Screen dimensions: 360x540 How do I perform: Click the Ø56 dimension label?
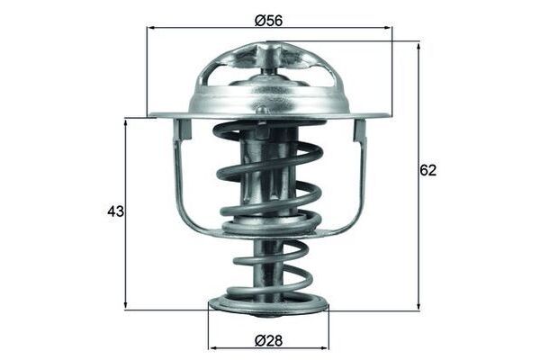coord(269,17)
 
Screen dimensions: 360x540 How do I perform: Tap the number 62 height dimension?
coord(427,170)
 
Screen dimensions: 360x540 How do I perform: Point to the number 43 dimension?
coord(115,211)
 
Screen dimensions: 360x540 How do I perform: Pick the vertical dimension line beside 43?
coord(125,261)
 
